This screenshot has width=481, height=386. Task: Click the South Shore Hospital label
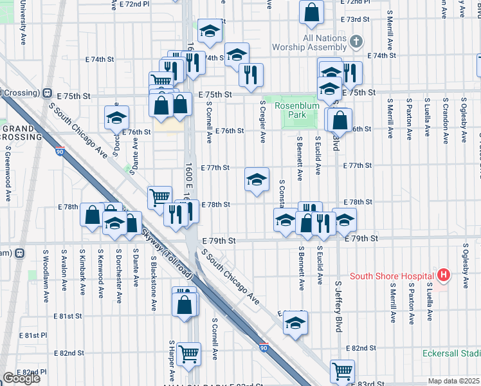point(391,276)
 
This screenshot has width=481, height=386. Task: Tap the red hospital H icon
point(443,275)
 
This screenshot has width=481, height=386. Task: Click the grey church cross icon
point(356,42)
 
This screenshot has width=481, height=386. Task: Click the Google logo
point(21,378)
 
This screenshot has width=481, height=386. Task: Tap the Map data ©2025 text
point(454,381)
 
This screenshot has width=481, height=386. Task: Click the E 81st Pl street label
point(33,335)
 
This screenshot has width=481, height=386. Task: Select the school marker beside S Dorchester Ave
point(117,117)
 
